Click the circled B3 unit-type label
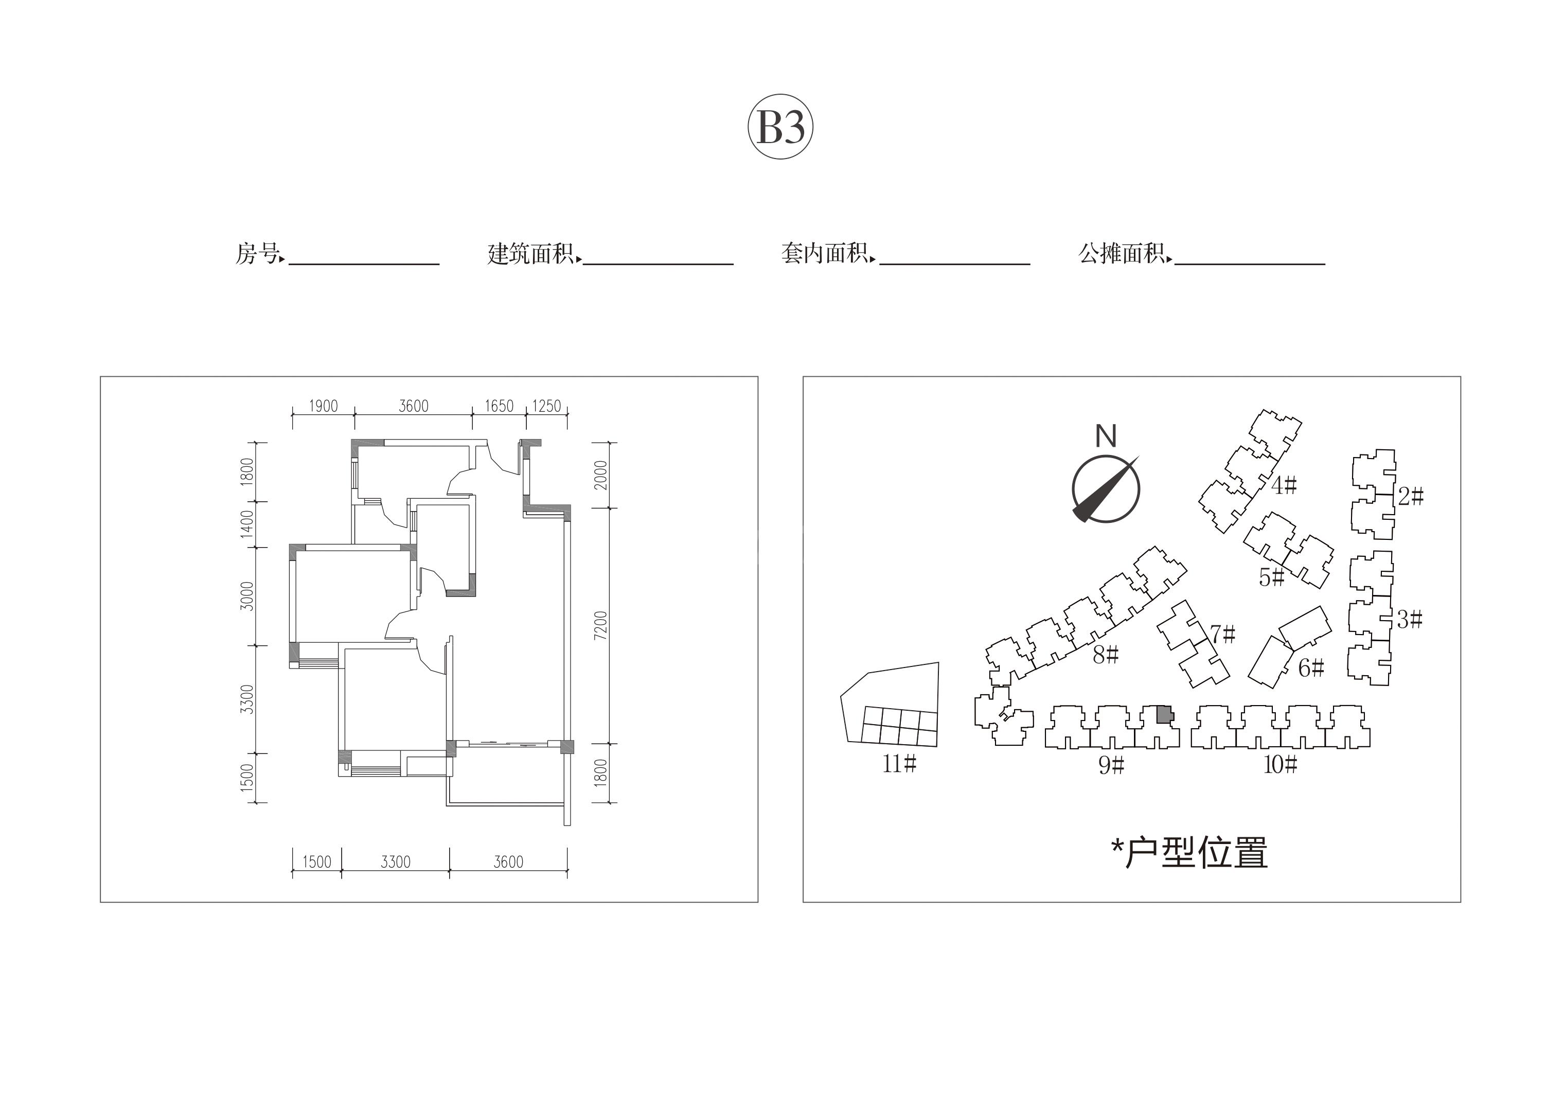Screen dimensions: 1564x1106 tap(780, 127)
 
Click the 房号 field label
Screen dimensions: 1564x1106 tap(257, 254)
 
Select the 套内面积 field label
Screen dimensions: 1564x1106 tap(825, 254)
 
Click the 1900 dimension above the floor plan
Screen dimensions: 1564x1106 tap(324, 406)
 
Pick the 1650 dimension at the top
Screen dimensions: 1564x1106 tap(500, 406)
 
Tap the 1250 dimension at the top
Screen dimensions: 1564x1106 tap(546, 406)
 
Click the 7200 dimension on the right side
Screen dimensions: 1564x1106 tap(600, 625)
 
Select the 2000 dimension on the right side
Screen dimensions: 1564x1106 tap(600, 475)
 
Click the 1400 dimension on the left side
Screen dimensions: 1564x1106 tap(246, 523)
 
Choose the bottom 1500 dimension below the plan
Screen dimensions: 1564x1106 tap(317, 862)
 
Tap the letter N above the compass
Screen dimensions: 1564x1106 tap(1106, 436)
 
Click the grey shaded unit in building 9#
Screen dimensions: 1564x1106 tap(1165, 714)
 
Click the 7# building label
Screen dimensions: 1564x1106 tap(1223, 635)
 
